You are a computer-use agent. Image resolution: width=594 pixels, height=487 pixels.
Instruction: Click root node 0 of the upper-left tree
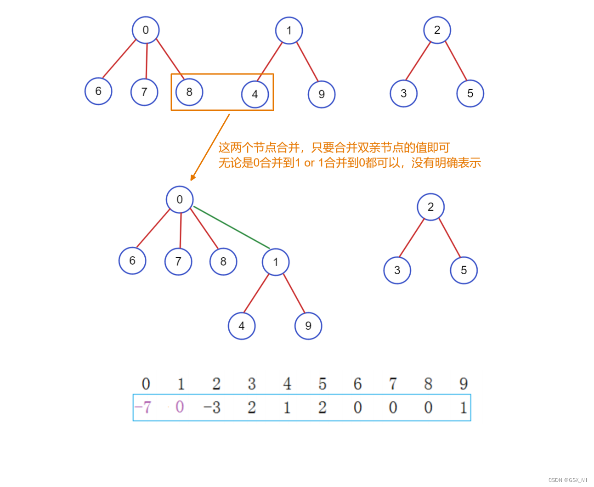(x=146, y=30)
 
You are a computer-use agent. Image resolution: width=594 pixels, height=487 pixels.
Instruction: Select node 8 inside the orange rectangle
(x=189, y=92)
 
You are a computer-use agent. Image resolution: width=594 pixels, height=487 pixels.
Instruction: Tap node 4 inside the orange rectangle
(x=255, y=94)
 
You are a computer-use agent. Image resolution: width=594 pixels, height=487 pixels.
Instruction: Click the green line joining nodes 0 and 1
(x=232, y=228)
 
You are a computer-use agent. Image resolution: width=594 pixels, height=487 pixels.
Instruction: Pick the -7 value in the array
(x=143, y=407)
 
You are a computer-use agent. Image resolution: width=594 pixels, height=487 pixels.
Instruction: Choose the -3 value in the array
(x=212, y=407)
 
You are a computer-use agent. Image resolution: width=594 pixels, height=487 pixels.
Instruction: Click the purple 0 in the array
(x=180, y=407)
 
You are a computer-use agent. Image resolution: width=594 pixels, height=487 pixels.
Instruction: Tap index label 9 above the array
(x=464, y=384)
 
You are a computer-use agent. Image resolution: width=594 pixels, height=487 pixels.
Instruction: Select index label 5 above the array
(x=322, y=384)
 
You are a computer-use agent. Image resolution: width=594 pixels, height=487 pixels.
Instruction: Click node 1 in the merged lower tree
(x=276, y=262)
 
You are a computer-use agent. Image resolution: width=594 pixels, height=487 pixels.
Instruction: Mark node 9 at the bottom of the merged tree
(x=308, y=326)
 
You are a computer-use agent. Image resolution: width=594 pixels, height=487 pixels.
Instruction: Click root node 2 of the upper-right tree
(x=437, y=30)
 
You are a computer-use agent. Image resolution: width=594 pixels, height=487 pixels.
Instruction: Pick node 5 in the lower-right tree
(x=464, y=270)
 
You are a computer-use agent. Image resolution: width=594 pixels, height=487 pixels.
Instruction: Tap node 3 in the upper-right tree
(x=403, y=94)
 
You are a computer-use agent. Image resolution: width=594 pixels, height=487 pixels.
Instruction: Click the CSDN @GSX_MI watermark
(x=567, y=480)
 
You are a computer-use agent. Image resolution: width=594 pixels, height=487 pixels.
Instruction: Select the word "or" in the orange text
(x=309, y=163)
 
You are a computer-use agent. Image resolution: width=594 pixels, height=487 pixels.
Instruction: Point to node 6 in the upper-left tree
(x=98, y=91)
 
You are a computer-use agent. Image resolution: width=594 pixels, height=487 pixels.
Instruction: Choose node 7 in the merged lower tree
(x=178, y=261)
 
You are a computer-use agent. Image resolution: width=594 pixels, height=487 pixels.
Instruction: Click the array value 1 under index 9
(x=464, y=407)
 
